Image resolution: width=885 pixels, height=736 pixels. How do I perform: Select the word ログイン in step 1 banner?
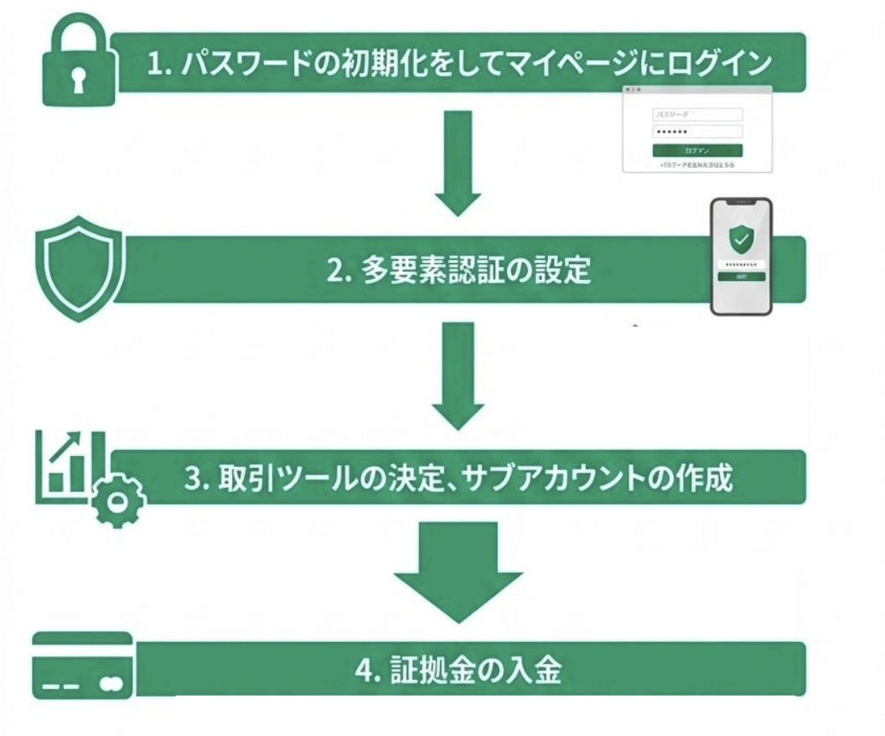729,63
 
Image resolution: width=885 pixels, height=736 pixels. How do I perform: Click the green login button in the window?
697,150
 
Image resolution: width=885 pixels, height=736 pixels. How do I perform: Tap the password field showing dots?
697,132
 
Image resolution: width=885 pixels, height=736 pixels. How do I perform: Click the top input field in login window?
697,114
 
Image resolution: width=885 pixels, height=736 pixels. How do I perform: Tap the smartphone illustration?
741,256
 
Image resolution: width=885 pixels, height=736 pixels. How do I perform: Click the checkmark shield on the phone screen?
741,240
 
